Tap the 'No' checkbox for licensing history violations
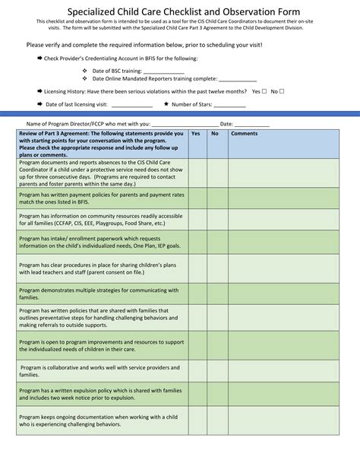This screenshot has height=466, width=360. [283, 91]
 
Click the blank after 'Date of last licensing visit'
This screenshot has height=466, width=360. [132, 105]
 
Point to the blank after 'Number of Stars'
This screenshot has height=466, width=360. [229, 105]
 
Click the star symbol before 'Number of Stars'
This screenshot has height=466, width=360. [166, 104]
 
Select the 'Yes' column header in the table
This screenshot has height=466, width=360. [196, 133]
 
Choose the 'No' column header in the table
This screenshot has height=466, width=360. [215, 133]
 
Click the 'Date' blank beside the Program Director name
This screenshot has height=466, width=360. [252, 124]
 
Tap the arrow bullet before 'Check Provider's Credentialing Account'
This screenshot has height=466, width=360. [39, 58]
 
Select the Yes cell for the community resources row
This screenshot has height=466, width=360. [197, 220]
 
